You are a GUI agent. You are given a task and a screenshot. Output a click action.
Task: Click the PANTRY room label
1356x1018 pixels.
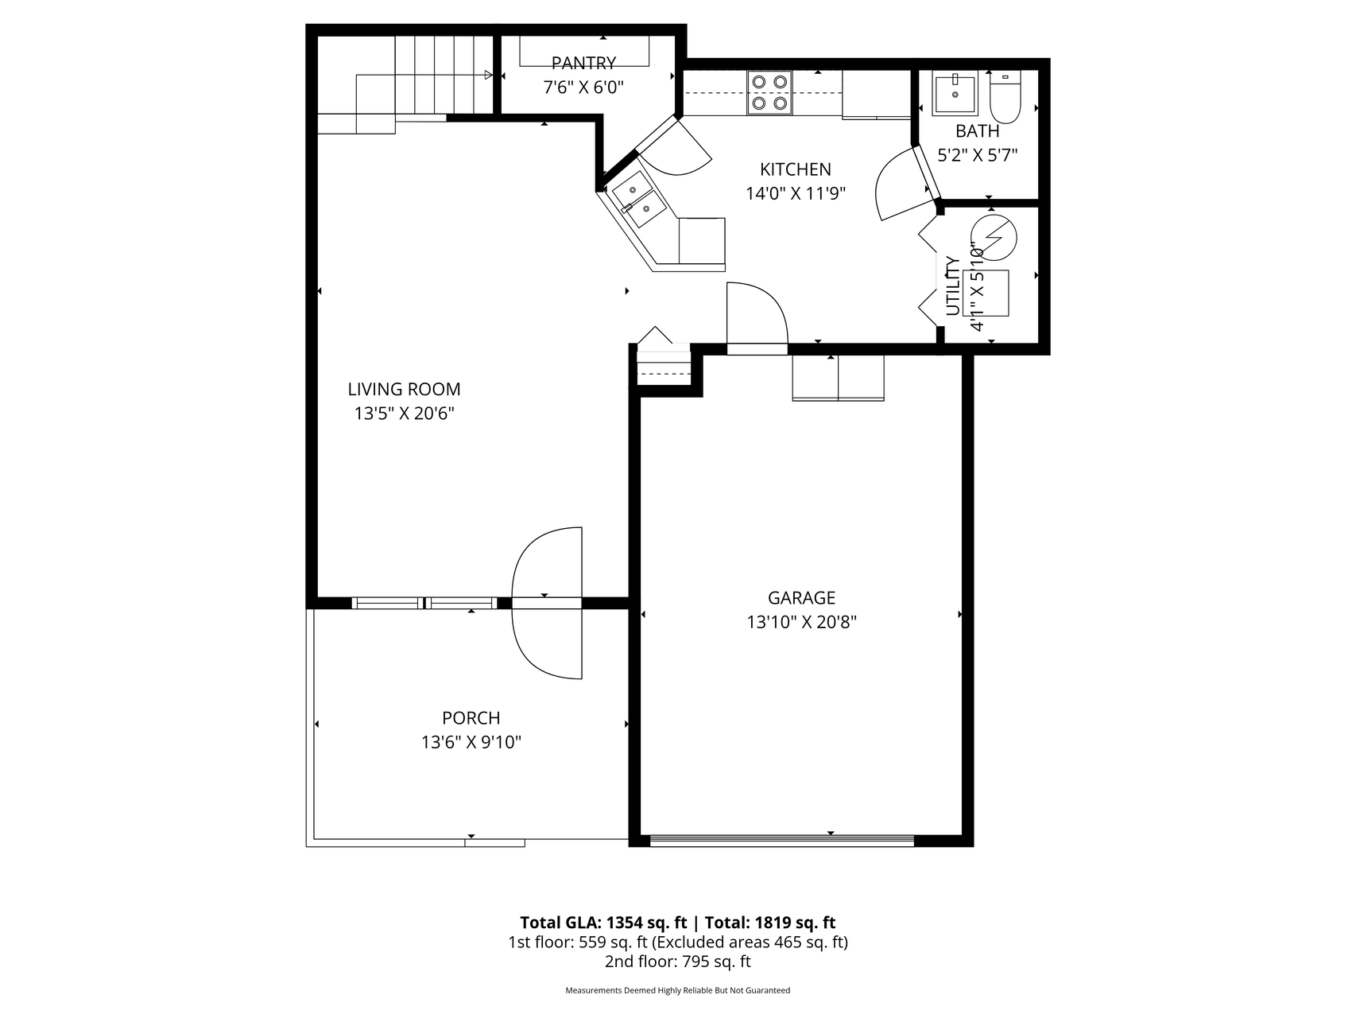583,63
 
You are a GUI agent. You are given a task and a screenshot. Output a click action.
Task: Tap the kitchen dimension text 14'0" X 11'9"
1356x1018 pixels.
796,193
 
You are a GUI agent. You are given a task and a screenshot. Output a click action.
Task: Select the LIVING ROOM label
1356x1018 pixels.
404,389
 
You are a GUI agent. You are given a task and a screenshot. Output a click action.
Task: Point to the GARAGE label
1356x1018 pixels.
801,597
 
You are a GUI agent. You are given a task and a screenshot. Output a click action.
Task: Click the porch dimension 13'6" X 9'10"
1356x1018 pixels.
471,743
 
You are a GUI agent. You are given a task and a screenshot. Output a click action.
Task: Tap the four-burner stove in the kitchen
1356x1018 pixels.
769,92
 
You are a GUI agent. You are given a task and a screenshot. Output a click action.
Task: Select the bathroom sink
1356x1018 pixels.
954,95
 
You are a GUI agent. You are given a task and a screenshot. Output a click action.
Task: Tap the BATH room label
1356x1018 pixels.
977,131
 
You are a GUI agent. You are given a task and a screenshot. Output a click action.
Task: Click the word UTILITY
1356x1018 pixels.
953,286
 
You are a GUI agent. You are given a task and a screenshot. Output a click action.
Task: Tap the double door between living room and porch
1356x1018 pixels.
547,603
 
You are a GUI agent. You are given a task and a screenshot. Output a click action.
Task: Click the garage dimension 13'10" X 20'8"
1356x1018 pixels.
801,622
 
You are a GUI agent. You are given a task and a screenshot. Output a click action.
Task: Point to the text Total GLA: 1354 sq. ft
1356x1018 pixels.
603,923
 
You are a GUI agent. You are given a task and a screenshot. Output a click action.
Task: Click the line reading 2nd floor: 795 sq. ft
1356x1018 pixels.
678,962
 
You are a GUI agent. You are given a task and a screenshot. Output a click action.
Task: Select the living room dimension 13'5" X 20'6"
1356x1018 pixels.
404,414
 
